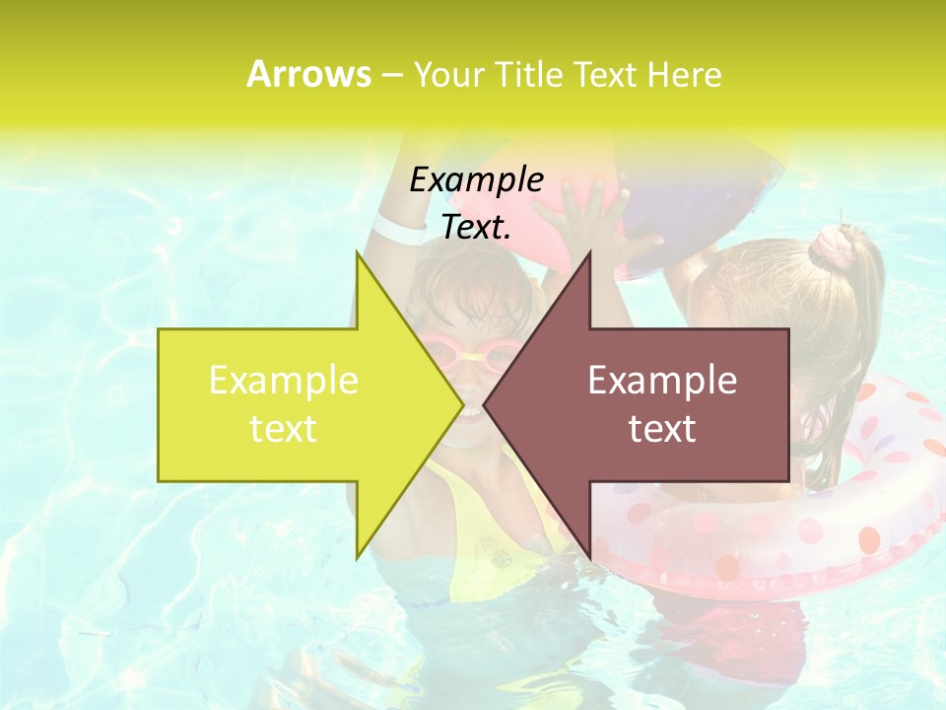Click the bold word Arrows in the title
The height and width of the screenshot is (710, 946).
pos(308,74)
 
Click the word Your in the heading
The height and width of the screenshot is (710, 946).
pos(449,74)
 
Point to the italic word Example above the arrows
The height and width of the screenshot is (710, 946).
pos(477,179)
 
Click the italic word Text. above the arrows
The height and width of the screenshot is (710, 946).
pos(477,228)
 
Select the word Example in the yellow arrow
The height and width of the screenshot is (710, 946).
pos(284,381)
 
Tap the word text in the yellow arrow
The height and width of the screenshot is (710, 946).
pos(284,429)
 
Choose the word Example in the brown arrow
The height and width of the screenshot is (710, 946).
pos(662,381)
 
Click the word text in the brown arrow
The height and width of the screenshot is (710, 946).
pos(662,429)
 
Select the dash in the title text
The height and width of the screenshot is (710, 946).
pos(391,75)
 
